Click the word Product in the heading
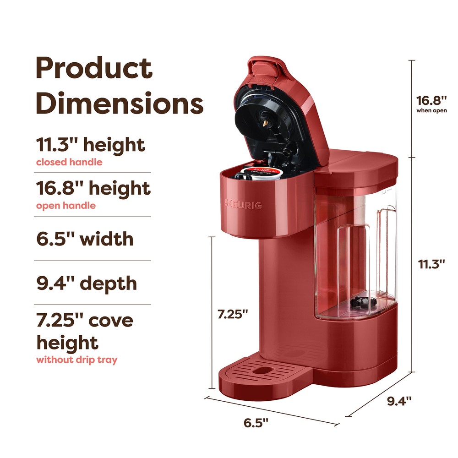pos(94,69)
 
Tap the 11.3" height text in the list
pos(91,145)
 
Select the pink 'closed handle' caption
pos(69,162)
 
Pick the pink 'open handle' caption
pos(66,206)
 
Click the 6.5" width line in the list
pos(85,239)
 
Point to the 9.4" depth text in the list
pos(87,283)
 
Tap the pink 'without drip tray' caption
pos(76,360)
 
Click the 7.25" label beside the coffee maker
pos(232,314)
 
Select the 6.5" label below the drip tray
pos(256,423)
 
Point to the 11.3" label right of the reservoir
pos(431,264)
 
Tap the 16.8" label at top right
pos(431,100)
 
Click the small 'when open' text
pos(431,110)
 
